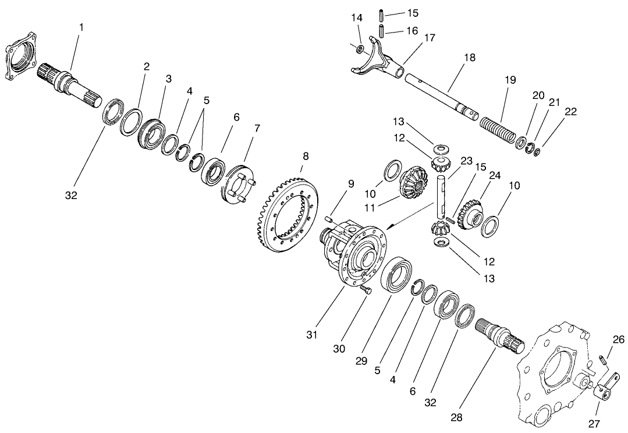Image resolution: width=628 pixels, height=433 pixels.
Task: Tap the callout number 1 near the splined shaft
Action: click(81, 27)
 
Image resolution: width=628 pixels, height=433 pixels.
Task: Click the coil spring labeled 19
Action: click(498, 128)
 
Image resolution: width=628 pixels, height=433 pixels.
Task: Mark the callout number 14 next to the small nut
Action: click(357, 17)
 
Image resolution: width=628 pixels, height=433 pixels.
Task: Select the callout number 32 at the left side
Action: click(71, 196)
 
